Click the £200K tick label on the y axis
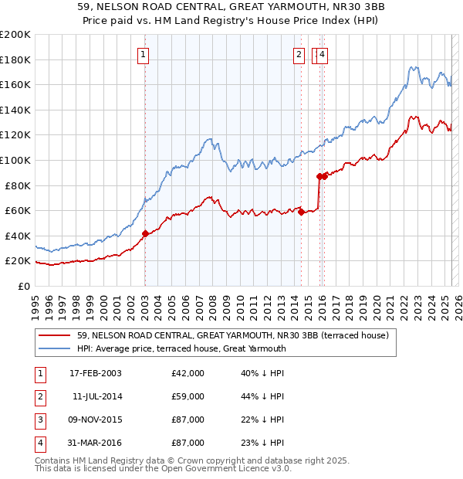[x=15, y=35]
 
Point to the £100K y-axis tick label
[x=15, y=160]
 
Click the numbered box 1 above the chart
[x=144, y=54]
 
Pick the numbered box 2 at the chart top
[x=299, y=54]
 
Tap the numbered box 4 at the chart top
[x=322, y=54]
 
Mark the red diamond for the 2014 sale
[x=301, y=212]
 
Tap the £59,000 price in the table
[x=188, y=396]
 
